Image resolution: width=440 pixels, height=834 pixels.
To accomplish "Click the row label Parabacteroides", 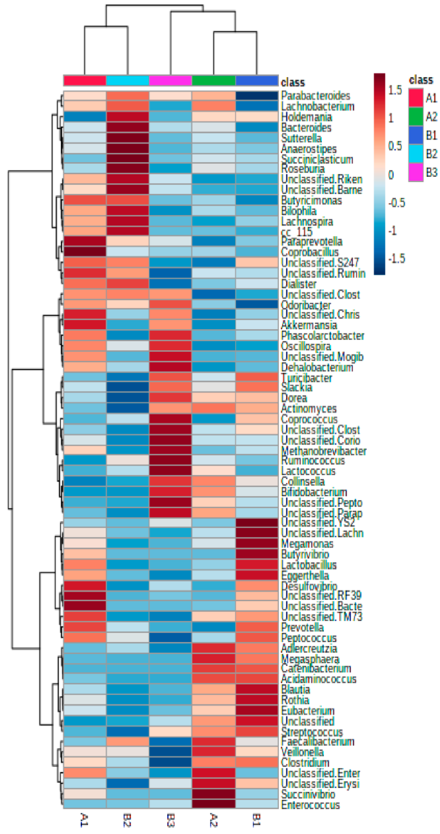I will click(315, 96).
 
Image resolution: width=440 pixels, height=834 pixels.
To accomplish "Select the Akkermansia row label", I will click(309, 325).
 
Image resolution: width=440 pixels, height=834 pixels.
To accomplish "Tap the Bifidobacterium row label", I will click(314, 492).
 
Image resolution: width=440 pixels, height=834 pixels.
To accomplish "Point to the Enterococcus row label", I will click(310, 805).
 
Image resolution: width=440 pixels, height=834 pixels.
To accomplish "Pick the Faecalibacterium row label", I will click(318, 741).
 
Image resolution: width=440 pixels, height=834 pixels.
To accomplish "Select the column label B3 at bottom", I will click(171, 820).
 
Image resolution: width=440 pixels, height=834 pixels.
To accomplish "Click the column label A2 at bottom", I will click(214, 820).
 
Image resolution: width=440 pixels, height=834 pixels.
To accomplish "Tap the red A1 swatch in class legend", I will click(416, 98).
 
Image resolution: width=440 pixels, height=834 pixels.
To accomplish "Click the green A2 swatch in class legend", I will click(416, 116).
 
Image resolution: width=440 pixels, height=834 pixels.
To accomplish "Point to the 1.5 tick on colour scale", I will click(395, 91).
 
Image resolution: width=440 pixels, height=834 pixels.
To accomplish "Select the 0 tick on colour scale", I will click(391, 175).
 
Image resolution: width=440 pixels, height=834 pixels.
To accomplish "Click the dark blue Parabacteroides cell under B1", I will click(257, 96).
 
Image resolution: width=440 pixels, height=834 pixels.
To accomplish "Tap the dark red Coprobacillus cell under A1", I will click(85, 251).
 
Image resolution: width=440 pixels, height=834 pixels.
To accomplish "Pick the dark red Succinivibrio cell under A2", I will click(214, 794).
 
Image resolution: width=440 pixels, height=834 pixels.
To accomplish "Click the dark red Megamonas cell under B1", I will click(257, 543).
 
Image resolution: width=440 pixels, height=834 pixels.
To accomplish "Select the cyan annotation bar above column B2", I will click(128, 80).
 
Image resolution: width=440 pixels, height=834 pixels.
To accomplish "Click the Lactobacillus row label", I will click(308, 565).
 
